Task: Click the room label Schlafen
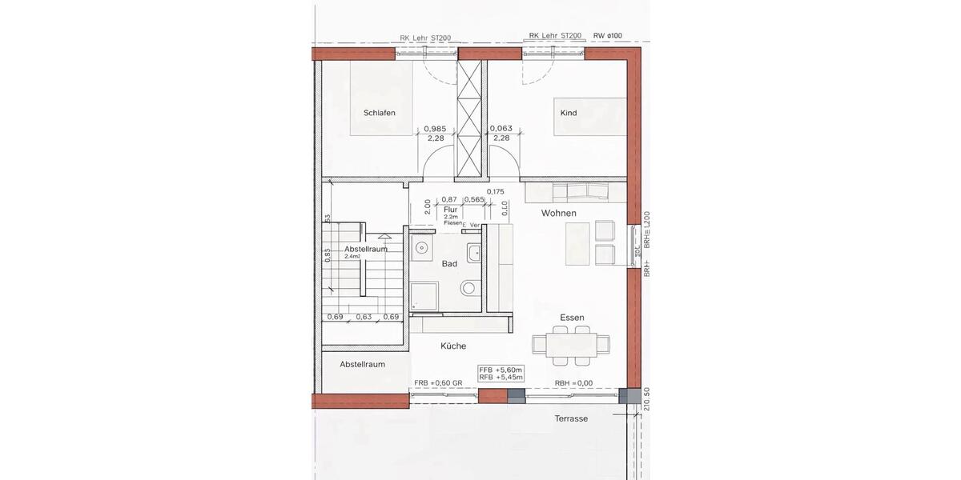380,113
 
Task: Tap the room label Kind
569,113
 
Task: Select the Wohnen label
559,213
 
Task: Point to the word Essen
572,318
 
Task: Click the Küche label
453,346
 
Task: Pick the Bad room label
449,263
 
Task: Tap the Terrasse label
571,418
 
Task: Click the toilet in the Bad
468,288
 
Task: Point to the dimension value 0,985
435,128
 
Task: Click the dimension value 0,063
501,128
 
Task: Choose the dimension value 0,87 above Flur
449,199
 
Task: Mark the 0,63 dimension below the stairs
364,317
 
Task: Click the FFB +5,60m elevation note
501,369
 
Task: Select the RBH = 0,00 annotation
573,383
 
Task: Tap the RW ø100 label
608,36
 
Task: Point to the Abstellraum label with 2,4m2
366,250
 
